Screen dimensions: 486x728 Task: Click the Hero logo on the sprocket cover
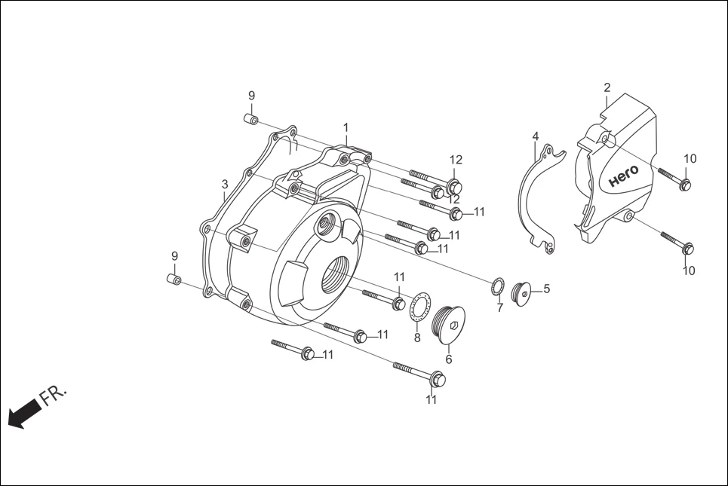pyautogui.click(x=623, y=176)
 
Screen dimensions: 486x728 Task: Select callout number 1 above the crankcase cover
pyautogui.click(x=346, y=127)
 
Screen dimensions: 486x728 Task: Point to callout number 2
pyautogui.click(x=607, y=88)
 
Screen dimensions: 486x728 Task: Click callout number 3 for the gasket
pyautogui.click(x=225, y=185)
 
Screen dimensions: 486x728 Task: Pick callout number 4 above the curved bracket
pyautogui.click(x=535, y=136)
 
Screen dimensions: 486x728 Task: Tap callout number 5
pyautogui.click(x=546, y=288)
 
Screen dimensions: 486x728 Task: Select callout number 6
pyautogui.click(x=449, y=359)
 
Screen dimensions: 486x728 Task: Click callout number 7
pyautogui.click(x=499, y=307)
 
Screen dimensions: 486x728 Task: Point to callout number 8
pyautogui.click(x=417, y=338)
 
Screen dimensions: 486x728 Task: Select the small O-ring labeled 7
pyautogui.click(x=497, y=287)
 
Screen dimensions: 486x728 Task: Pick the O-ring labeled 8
pyautogui.click(x=420, y=308)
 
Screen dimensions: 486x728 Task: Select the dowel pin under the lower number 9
pyautogui.click(x=173, y=280)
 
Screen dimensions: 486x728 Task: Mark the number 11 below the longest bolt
pyautogui.click(x=431, y=400)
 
